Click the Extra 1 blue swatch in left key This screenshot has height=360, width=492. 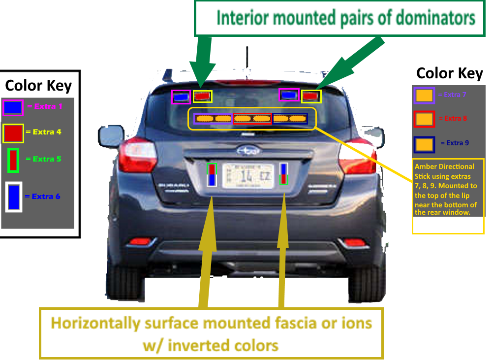13,107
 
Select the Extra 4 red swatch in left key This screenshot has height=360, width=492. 13,133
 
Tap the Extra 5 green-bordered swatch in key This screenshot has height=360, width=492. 13,160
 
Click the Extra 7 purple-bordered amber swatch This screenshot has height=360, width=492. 424,95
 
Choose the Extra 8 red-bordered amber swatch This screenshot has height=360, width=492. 424,119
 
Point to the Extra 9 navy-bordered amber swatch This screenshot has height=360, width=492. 424,144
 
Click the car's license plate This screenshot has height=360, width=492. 247,175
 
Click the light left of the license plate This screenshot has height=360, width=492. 212,175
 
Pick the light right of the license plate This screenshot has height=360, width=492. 284,174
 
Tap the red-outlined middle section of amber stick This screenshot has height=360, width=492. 252,119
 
